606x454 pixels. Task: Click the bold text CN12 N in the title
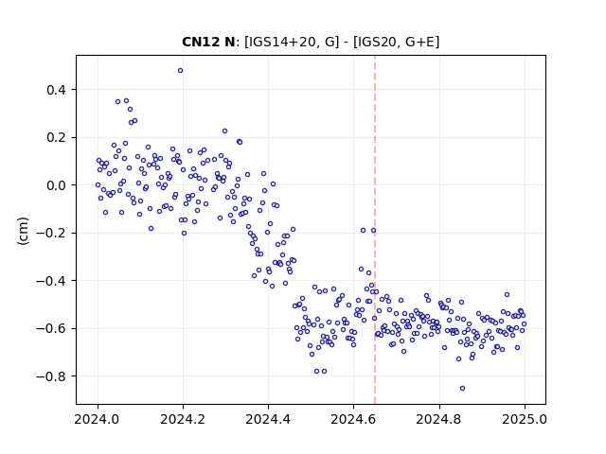point(208,42)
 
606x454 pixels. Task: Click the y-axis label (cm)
point(23,231)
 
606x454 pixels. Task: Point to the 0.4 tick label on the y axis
point(57,90)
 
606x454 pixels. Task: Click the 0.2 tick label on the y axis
point(57,138)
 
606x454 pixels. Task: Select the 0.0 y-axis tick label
point(57,185)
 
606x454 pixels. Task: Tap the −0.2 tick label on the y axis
point(51,234)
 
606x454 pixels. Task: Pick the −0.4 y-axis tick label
point(51,281)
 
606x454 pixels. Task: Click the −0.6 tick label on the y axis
point(51,329)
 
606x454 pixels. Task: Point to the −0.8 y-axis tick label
point(51,376)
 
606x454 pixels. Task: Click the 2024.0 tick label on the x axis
point(98,419)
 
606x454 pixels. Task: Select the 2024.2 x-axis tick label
point(183,419)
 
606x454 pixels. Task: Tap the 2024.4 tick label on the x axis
point(268,419)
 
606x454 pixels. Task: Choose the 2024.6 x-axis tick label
point(353,419)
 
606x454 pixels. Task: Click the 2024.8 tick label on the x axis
point(439,419)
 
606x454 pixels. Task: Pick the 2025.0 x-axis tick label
point(525,419)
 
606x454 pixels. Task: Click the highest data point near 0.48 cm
point(181,71)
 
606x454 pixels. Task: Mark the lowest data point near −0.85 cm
point(463,389)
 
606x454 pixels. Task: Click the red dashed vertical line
point(375,230)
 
